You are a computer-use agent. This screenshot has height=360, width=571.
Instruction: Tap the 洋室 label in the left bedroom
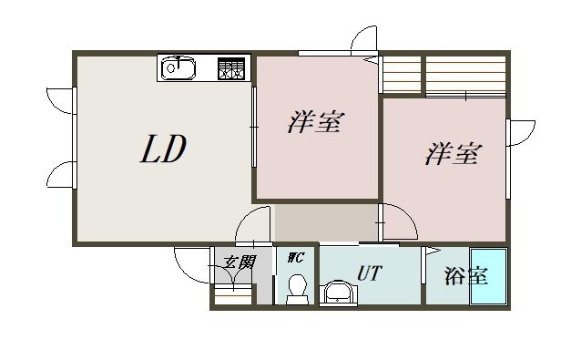point(316,123)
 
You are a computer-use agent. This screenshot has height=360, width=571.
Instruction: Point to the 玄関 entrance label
point(239,262)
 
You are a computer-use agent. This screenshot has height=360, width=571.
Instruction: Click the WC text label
point(295,258)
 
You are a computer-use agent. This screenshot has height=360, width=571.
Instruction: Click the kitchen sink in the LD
point(178,67)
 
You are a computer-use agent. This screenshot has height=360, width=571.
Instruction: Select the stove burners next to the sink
point(230,67)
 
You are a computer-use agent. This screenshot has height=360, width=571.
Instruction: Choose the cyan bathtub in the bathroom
point(487,276)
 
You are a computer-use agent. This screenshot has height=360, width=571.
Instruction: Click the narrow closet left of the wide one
point(401,74)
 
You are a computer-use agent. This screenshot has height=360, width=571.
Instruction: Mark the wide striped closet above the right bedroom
point(465,75)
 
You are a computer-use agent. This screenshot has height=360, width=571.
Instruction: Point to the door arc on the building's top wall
point(363,41)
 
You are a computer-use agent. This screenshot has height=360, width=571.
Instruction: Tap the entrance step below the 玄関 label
point(232,297)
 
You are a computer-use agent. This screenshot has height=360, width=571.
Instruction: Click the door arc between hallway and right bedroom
point(398,221)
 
